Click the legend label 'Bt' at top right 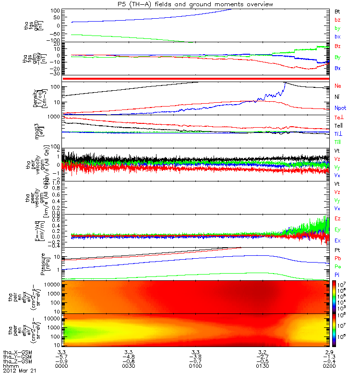click(337, 11)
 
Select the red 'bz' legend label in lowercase click(337, 19)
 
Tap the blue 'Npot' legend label click(340, 108)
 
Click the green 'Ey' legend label click(338, 229)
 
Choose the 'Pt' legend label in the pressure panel click(337, 251)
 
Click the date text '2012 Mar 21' click(19, 371)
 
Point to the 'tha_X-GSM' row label click(16, 352)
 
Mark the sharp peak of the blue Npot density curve click(285, 83)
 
